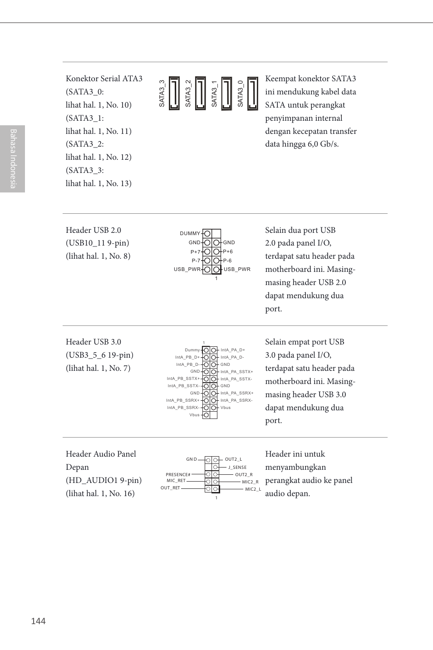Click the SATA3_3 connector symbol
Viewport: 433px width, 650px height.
174,94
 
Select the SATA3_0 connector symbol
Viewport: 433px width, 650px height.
253,94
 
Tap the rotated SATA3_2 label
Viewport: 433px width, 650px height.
188,94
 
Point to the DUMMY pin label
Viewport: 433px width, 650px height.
190,233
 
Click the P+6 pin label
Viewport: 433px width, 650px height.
228,251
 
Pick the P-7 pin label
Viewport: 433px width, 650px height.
196,261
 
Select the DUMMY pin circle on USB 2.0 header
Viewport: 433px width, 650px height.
207,233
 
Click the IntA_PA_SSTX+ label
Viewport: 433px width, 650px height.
236,372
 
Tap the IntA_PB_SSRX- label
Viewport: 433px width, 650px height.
182,408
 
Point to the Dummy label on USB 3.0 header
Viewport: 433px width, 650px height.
192,350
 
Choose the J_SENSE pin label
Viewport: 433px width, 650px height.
237,467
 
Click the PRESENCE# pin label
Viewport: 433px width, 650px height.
178,475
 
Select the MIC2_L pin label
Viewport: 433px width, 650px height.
253,489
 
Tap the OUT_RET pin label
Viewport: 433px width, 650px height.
170,488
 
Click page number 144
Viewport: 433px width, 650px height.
38,621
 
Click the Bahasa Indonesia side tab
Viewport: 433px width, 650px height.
13,159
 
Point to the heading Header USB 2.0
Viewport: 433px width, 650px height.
93,230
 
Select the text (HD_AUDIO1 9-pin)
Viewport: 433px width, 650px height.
103,480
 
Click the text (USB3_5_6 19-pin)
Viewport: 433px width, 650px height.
99,355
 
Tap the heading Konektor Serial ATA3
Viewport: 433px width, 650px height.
104,79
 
